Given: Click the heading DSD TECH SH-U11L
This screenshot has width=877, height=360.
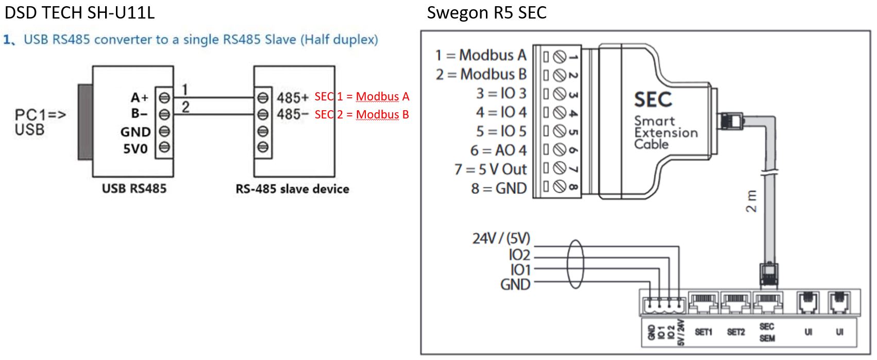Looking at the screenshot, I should [x=79, y=12].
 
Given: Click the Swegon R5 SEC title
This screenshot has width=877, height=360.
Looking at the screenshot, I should [x=486, y=12].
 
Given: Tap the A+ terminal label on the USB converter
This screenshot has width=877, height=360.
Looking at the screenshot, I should [x=139, y=97].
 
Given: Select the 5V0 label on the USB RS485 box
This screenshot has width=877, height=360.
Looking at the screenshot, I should [x=135, y=149].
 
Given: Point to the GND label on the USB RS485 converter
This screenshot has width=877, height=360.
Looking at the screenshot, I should [x=135, y=132].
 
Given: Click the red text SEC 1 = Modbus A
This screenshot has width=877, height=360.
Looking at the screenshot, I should [x=362, y=96].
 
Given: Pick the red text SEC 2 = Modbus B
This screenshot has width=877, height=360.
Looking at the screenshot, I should [x=362, y=114].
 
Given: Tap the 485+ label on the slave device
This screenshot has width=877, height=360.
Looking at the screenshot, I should [x=293, y=97].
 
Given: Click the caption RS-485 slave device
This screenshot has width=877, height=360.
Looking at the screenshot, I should [x=292, y=188].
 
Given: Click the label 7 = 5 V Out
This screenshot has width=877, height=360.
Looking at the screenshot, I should [x=491, y=169].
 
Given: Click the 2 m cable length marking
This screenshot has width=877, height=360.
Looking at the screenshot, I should [x=752, y=201].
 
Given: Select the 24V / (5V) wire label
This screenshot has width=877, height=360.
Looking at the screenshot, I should [x=501, y=238].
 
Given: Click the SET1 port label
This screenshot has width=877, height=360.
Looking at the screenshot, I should [x=703, y=332].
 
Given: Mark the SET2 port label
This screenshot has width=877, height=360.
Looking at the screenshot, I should [x=736, y=332].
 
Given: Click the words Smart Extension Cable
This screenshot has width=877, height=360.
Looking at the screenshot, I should [x=666, y=132].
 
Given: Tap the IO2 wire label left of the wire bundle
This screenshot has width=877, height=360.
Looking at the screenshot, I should [x=519, y=254].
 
